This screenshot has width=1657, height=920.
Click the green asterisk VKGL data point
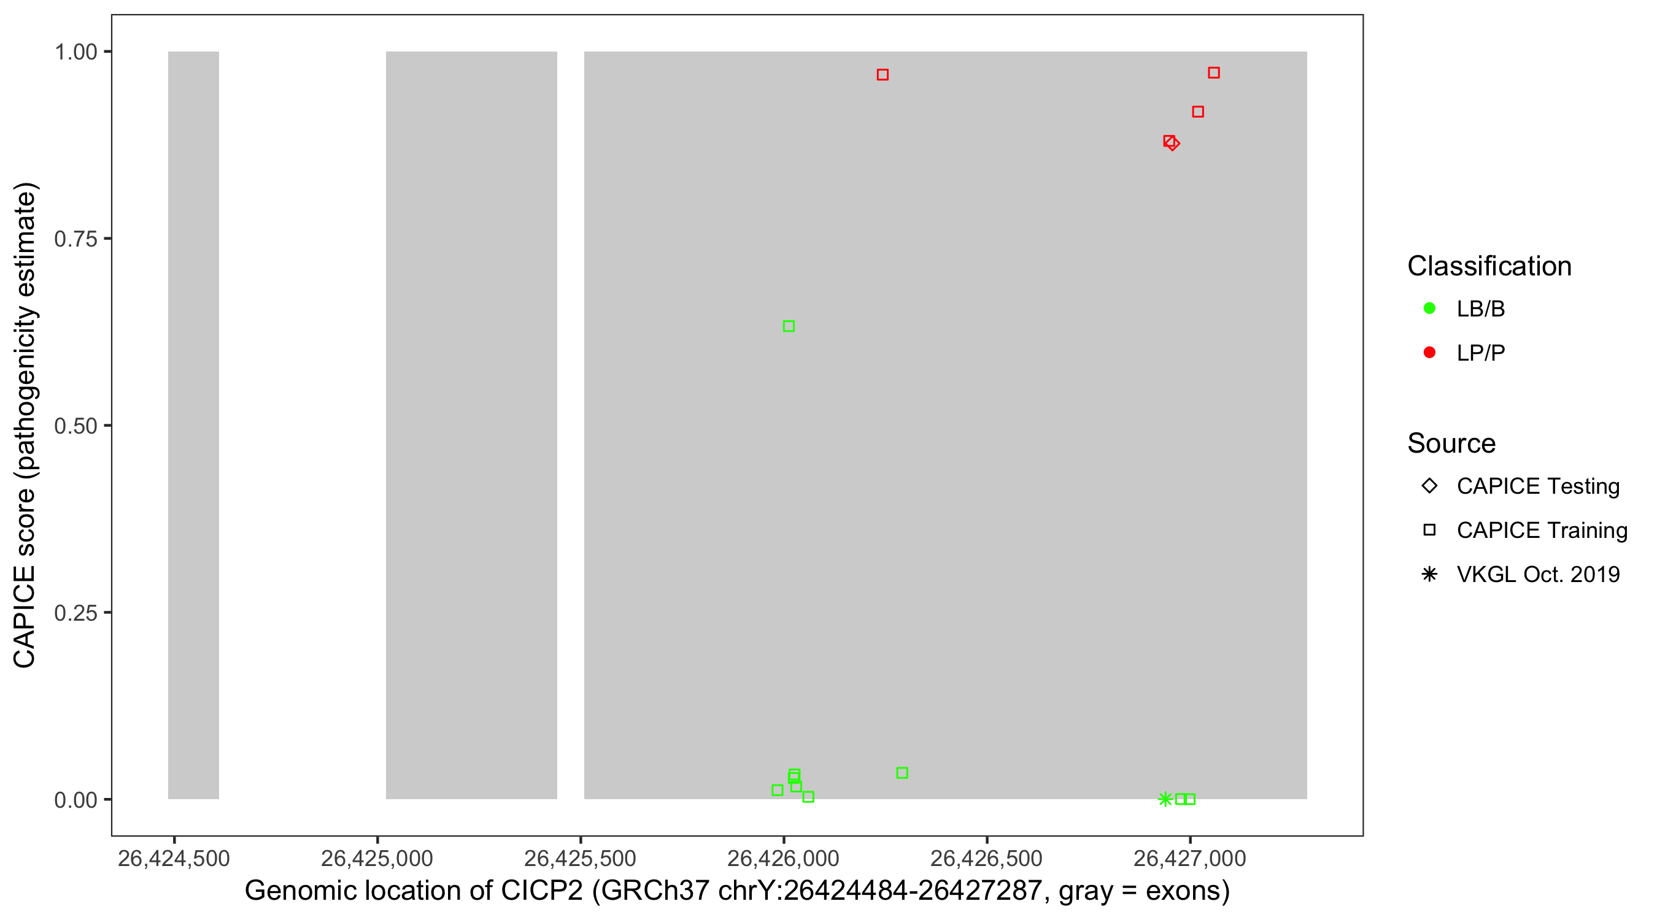1165,799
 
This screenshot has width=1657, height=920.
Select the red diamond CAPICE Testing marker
1174,144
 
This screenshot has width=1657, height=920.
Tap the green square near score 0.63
789,326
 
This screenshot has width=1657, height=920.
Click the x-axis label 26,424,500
174,858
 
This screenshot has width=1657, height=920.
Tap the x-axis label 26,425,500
580,858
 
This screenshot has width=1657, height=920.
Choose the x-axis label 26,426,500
986,858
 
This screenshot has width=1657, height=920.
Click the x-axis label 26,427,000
1189,858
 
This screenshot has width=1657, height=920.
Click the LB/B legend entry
1480,309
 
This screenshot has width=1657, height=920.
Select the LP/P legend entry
1480,352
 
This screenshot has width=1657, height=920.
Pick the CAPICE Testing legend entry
1537,486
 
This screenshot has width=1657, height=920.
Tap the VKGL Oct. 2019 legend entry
1537,574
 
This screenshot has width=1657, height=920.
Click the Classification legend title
1489,266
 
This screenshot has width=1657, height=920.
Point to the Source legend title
1451,443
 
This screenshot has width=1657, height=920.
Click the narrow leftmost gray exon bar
193,424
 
